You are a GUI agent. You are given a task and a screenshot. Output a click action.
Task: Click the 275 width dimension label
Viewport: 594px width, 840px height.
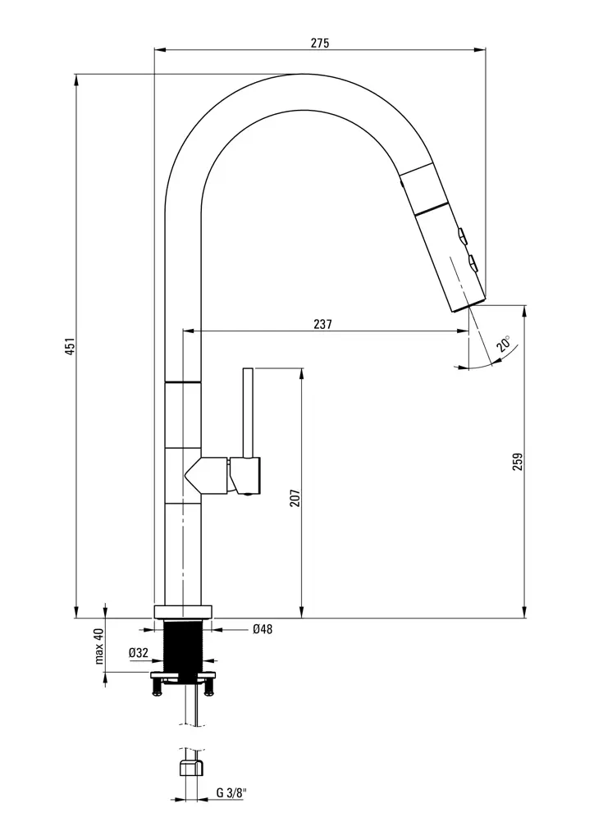coord(319,43)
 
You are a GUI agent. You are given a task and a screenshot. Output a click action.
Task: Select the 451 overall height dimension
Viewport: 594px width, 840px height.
coord(71,345)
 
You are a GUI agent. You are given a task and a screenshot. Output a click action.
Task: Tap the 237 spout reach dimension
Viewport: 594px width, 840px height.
coord(322,324)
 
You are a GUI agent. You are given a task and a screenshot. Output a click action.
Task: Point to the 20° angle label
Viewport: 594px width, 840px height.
coord(503,344)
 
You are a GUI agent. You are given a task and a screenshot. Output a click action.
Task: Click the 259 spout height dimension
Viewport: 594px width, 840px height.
coord(518,462)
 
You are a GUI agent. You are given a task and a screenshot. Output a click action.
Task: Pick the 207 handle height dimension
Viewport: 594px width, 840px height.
coord(295,497)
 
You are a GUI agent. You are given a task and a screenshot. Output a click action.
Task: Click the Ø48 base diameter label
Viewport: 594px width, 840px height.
coord(263,629)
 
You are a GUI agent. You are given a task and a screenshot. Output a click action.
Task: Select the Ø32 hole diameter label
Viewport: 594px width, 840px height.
coord(138,653)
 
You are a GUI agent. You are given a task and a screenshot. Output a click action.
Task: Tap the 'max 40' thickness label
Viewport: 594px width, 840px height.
coord(98,646)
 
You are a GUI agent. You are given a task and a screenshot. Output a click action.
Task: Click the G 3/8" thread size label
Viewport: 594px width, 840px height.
coord(231,793)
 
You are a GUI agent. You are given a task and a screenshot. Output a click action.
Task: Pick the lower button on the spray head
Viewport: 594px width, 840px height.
coord(473,263)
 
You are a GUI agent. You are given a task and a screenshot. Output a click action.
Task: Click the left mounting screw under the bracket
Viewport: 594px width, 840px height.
coord(157,688)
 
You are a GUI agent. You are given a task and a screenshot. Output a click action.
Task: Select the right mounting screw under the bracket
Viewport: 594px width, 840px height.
coord(208,688)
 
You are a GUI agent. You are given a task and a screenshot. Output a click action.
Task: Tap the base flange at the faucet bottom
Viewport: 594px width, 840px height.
coord(182,611)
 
